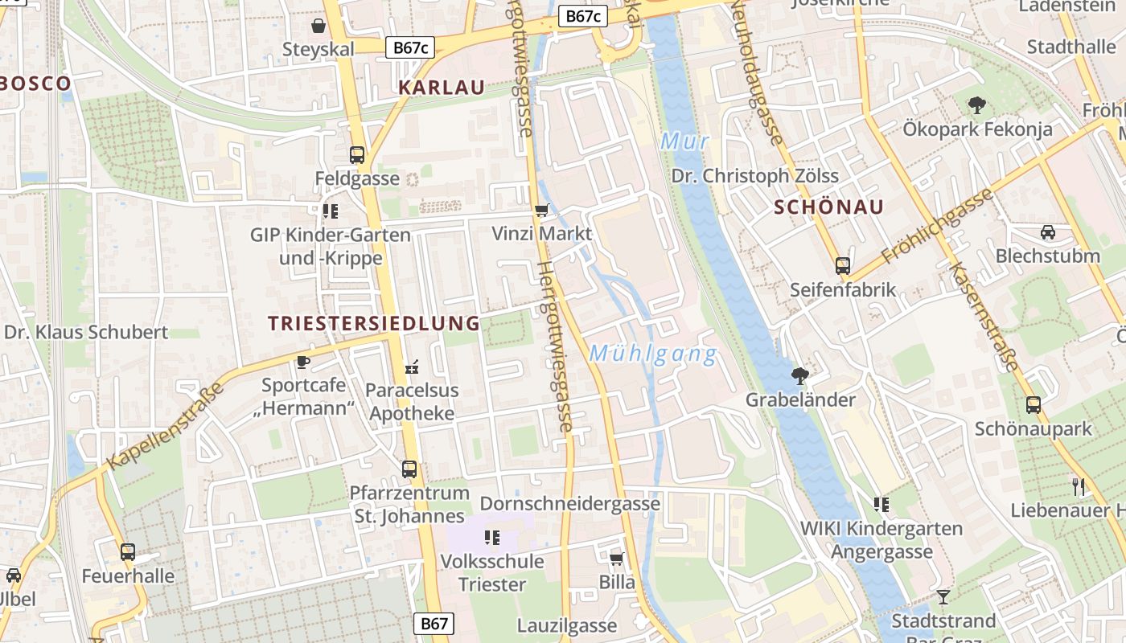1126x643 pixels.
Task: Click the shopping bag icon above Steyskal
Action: pyautogui.click(x=318, y=26)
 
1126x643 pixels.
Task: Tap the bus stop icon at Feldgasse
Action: pyautogui.click(x=356, y=155)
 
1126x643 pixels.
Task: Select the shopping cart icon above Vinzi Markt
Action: pyautogui.click(x=541, y=211)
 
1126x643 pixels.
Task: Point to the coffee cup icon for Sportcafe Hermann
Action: pyautogui.click(x=302, y=362)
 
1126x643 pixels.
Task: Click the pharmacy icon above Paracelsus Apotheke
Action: pyautogui.click(x=412, y=367)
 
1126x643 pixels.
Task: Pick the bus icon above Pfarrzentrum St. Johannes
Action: pyautogui.click(x=409, y=469)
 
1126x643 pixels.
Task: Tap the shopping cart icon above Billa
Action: pyautogui.click(x=616, y=558)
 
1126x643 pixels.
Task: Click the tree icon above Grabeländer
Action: pyautogui.click(x=799, y=375)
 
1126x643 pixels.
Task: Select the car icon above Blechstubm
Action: pyautogui.click(x=1047, y=232)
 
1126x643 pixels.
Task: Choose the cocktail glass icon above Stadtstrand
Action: pyautogui.click(x=943, y=596)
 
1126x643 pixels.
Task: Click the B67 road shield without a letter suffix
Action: pyautogui.click(x=434, y=624)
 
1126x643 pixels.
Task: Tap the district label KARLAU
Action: pyautogui.click(x=442, y=88)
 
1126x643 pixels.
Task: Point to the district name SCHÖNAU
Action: pyautogui.click(x=828, y=207)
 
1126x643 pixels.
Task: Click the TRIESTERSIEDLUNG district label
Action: pyautogui.click(x=373, y=323)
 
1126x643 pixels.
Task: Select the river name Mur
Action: pyautogui.click(x=684, y=142)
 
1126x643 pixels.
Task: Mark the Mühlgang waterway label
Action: pyautogui.click(x=652, y=354)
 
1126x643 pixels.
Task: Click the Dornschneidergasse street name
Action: pyautogui.click(x=569, y=504)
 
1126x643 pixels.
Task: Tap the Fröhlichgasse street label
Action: pyautogui.click(x=937, y=227)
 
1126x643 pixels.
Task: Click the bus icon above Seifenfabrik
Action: pyautogui.click(x=842, y=265)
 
